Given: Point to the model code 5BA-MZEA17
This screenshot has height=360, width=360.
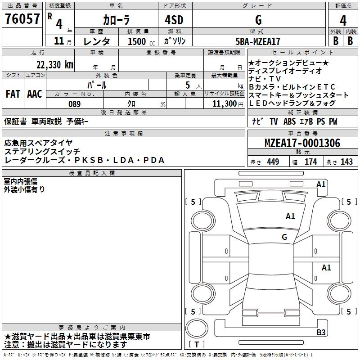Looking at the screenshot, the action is (x=258, y=41).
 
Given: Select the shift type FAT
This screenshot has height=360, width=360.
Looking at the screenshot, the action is (x=13, y=94).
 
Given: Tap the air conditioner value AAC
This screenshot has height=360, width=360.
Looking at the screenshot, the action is (x=35, y=94).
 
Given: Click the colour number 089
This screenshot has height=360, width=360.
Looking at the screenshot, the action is (x=74, y=104).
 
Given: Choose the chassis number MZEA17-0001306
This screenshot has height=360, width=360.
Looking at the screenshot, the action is (x=302, y=144).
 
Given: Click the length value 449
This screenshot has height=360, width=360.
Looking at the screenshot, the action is (x=273, y=162).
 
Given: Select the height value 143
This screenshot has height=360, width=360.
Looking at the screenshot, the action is (x=346, y=162).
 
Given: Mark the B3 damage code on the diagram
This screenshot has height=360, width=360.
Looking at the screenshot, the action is (x=321, y=333).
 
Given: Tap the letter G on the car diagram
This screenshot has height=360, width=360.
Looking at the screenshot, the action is (x=284, y=237).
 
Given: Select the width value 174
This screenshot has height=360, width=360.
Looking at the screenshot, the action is (x=310, y=162).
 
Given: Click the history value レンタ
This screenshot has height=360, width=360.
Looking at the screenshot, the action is (x=98, y=41).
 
